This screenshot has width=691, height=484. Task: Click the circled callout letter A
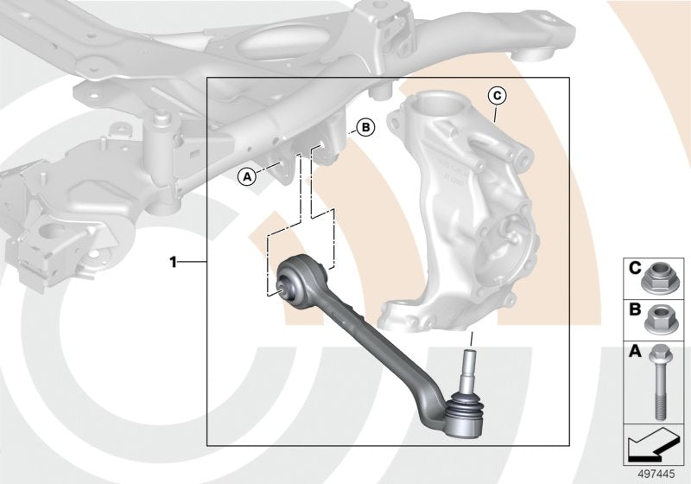tap(247, 176)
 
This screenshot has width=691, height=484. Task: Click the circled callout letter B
tap(365, 128)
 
